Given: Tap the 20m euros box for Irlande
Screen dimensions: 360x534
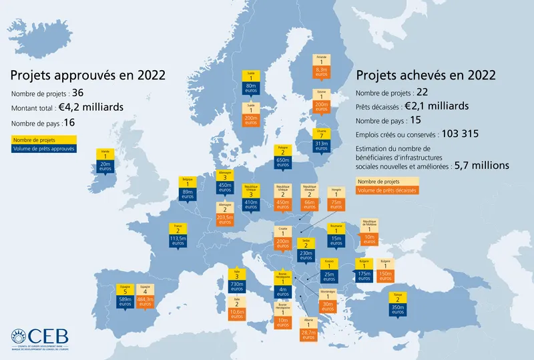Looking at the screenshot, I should tap(105, 166).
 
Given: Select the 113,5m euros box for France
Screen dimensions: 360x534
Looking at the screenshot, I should tap(178, 240).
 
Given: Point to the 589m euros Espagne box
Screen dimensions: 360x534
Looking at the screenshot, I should tap(123, 303).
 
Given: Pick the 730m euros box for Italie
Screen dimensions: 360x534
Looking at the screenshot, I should tap(236, 287).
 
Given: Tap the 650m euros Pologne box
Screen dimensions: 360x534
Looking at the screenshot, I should tap(283, 163).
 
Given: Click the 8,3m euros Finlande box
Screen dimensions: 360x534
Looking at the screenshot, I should tap(322, 71).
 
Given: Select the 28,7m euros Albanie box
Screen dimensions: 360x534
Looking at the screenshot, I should tap(308, 335).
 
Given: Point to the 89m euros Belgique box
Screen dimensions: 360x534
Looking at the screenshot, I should tap(188, 195).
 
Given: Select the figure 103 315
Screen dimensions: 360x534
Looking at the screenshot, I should tap(456, 134).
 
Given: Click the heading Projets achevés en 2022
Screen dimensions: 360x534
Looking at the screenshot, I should tap(426, 75).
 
